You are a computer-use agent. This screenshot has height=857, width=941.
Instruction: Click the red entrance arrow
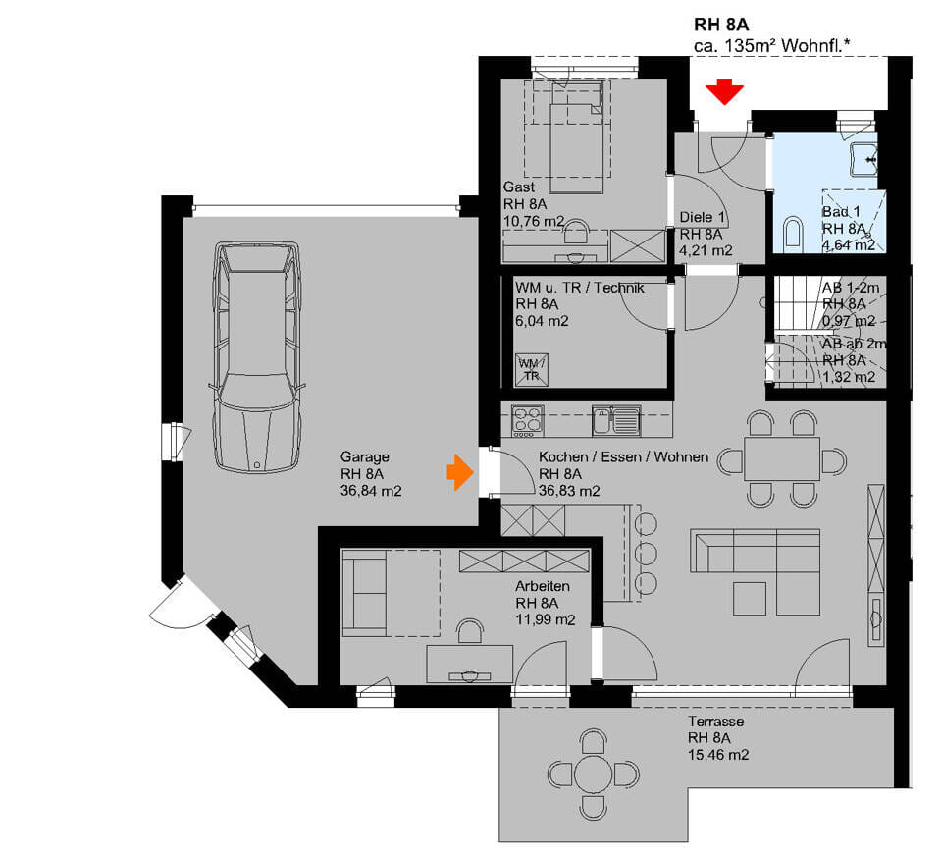pos(724,92)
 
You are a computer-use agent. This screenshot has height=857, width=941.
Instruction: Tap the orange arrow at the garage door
pos(459,472)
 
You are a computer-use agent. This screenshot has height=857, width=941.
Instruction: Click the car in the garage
pos(256,356)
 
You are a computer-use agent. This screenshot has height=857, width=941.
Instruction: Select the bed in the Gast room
pos(576,139)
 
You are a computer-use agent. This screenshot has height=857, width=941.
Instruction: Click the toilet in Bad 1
pos(792,235)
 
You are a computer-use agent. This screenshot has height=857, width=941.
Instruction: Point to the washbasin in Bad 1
pos(863,159)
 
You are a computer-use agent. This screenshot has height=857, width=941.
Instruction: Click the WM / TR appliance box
pos(531,370)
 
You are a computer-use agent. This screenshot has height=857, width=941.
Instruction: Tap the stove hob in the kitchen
pos(528,421)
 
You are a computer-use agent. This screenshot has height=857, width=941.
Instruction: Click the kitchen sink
pos(616,420)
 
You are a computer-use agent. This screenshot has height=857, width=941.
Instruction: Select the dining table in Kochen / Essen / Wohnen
pos(782,459)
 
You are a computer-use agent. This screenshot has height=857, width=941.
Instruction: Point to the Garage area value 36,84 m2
pos(371,491)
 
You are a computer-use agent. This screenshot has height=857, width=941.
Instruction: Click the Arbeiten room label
pos(543,586)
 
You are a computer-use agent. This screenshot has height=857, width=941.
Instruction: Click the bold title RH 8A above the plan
pos(721,25)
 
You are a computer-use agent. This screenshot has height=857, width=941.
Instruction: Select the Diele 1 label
pos(703,217)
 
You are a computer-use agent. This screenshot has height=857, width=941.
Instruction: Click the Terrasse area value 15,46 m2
pos(718,755)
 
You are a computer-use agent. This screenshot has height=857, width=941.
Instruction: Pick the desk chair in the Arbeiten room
pos(470,632)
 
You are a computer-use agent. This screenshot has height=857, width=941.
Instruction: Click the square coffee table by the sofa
pos(750,599)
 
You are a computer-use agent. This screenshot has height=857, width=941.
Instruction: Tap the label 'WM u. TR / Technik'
pos(580,288)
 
